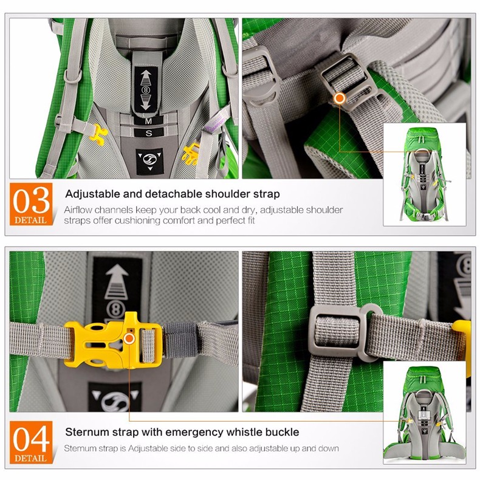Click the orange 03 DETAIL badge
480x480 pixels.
click(x=31, y=204)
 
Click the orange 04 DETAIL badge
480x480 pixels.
click(x=31, y=442)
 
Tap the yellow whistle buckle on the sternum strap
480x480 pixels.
click(x=113, y=340)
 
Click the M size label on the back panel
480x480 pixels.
click(x=148, y=122)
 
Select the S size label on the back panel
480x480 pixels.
click(x=149, y=133)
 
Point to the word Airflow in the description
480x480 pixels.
click(x=79, y=210)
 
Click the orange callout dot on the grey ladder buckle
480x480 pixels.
click(x=340, y=98)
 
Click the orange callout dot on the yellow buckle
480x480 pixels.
click(x=129, y=338)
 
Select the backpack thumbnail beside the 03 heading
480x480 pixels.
click(x=425, y=174)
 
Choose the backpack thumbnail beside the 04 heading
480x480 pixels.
click(x=425, y=413)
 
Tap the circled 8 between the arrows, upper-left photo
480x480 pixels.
click(x=146, y=90)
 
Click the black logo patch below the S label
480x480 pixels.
click(x=149, y=162)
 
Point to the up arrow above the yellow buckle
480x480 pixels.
click(x=116, y=282)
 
